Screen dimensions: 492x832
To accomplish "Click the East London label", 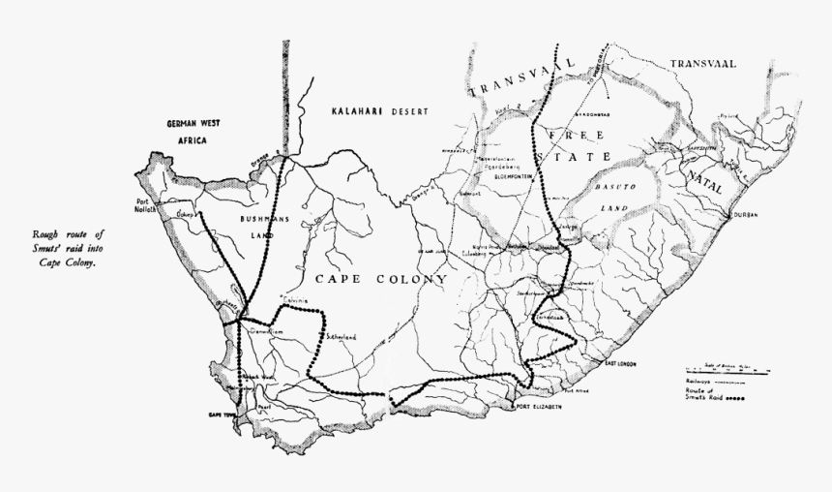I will pos(623,363).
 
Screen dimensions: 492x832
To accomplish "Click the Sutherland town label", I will pos(341,336).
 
